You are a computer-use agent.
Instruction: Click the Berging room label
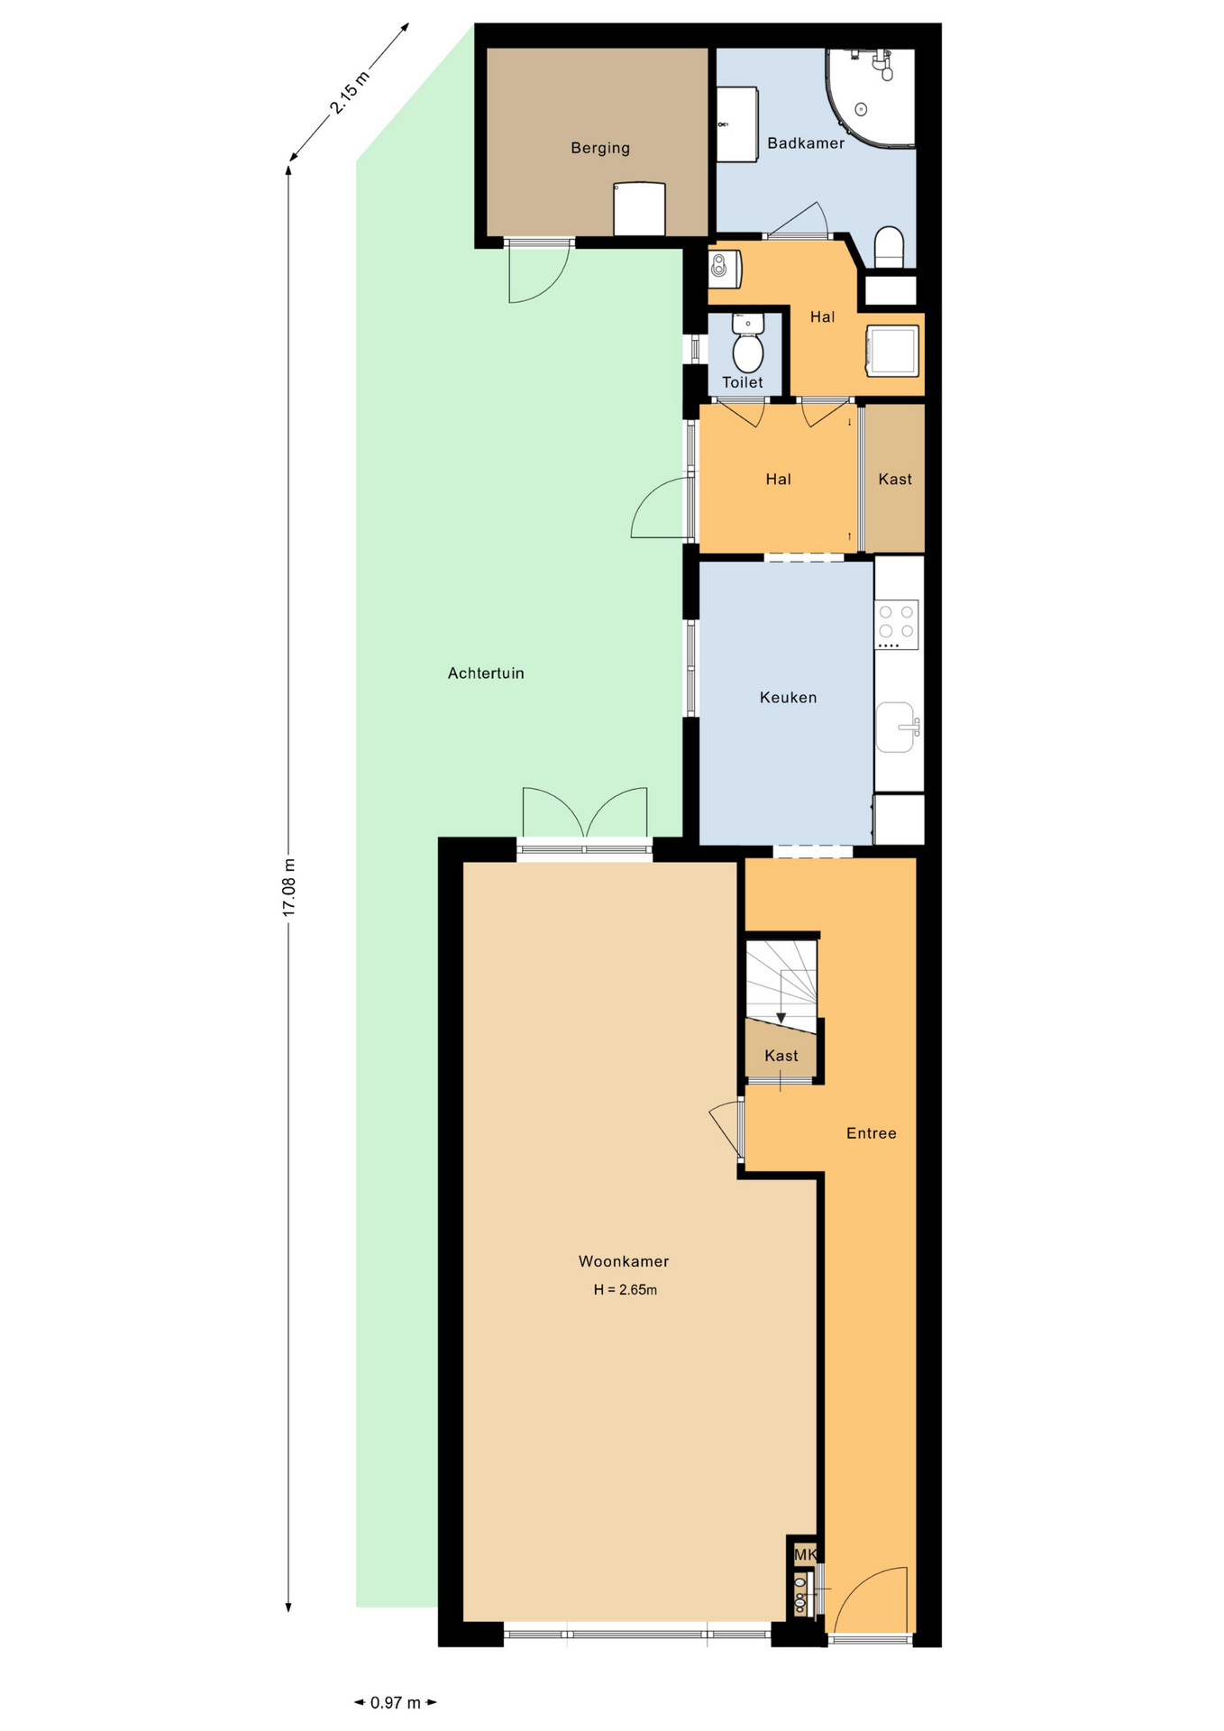599,148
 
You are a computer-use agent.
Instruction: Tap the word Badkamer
806,142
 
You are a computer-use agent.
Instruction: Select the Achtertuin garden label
486,673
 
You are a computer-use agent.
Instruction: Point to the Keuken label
788,697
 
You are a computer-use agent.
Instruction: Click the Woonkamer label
624,1261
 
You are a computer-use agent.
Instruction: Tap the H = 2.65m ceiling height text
625,1289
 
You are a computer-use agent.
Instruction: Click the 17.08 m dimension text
289,888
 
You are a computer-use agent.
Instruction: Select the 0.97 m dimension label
396,1702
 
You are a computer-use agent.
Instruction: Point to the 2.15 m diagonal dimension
350,93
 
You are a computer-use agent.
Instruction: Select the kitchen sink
898,727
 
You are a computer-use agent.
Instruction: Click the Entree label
871,1133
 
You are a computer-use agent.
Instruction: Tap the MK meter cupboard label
805,1554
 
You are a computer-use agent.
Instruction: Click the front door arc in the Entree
865,1599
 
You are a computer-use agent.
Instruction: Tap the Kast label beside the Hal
895,479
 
